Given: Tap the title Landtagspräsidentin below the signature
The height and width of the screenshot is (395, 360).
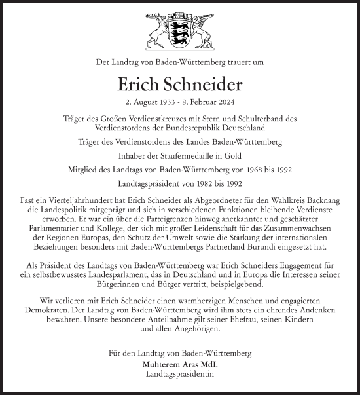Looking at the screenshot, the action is (180, 374).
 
